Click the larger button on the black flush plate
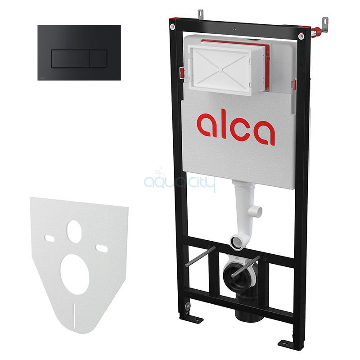(x=71, y=59)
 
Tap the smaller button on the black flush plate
(x=98, y=59)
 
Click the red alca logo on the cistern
(x=236, y=129)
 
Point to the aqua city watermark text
(x=180, y=182)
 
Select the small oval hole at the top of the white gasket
(x=74, y=231)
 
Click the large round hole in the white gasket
(x=75, y=274)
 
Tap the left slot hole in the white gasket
(x=49, y=238)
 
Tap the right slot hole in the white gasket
(x=102, y=248)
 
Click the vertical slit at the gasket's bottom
(x=74, y=315)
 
